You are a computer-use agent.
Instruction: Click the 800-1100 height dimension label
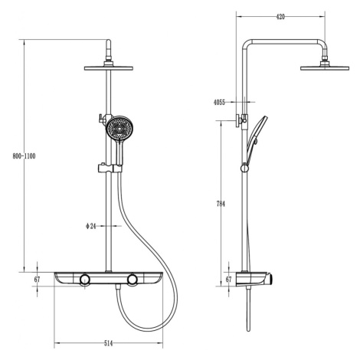click(24, 156)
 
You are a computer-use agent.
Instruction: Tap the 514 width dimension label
click(108, 344)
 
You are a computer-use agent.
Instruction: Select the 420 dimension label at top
click(280, 17)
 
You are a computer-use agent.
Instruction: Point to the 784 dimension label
click(221, 204)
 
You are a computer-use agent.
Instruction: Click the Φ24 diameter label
click(91, 226)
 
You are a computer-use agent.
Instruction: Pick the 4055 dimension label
click(219, 103)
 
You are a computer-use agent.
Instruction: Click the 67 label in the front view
click(38, 280)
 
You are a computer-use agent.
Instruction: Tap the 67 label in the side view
click(229, 280)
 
